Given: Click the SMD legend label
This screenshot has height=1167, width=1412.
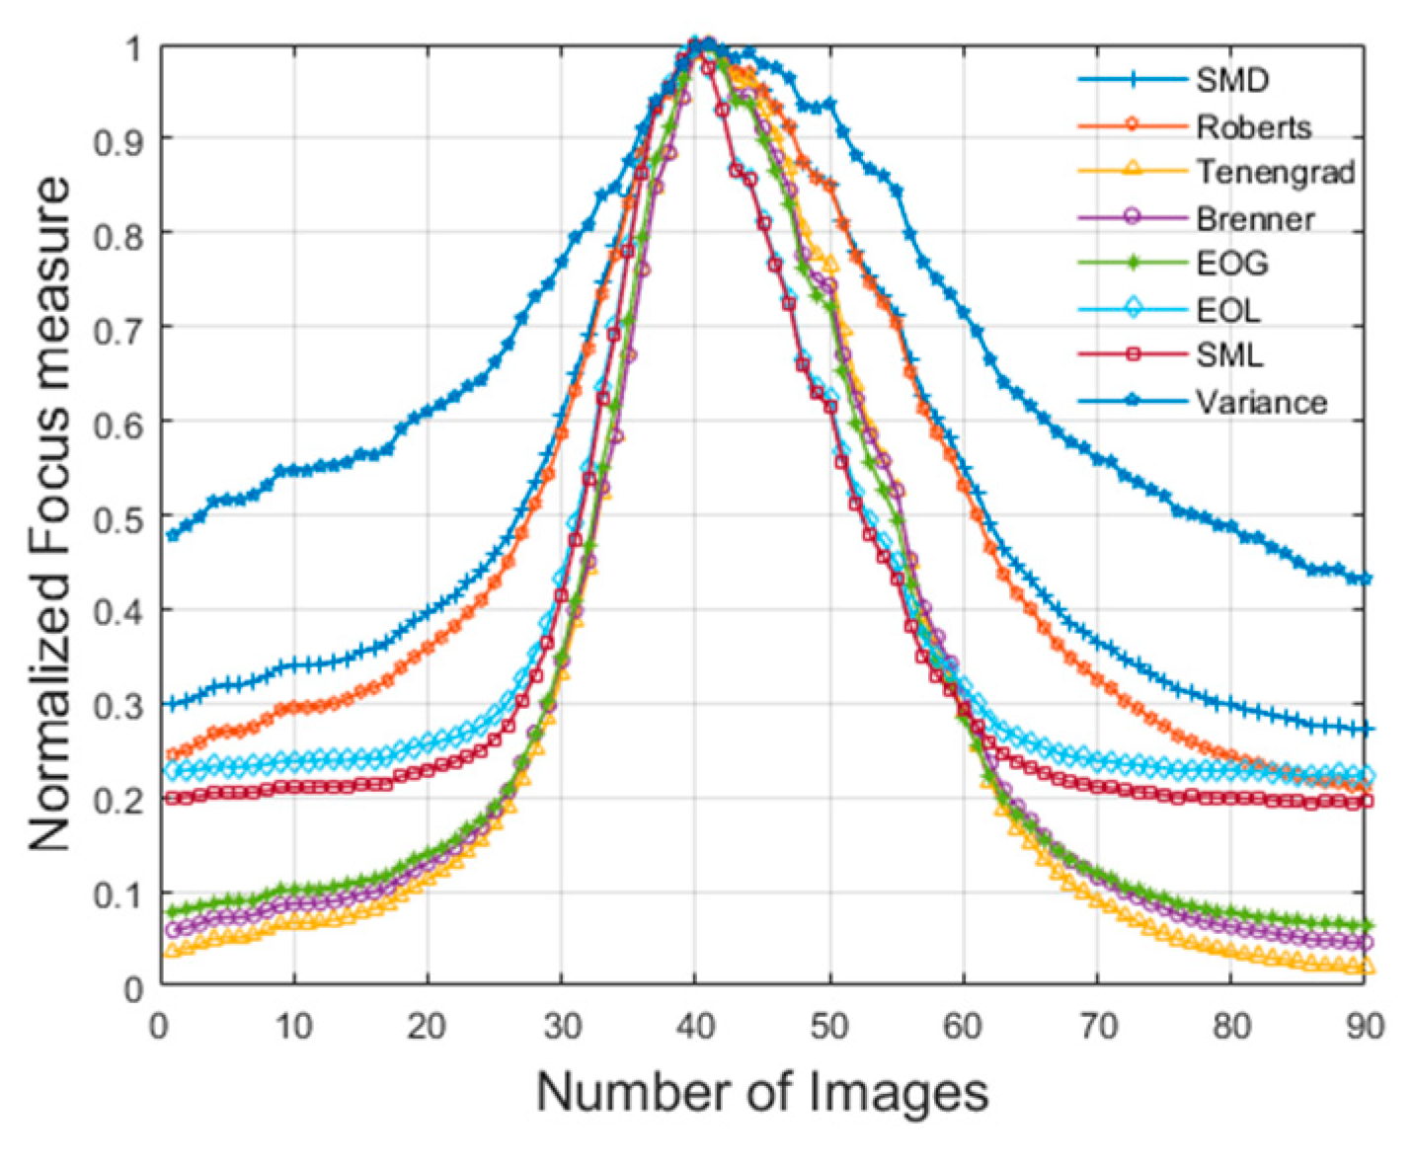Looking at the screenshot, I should click(1231, 79).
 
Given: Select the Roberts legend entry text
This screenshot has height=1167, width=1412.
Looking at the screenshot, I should click(1254, 126).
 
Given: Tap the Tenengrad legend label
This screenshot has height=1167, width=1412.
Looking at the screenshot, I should click(1275, 172).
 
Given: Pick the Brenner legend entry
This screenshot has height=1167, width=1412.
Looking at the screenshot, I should click(1255, 218).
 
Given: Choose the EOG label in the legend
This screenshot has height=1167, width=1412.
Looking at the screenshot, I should click(1231, 264).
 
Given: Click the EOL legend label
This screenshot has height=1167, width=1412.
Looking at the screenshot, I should click(1228, 310).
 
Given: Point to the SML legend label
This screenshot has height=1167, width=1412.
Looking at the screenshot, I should click(1229, 355).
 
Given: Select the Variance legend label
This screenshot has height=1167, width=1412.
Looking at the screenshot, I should click(1261, 402).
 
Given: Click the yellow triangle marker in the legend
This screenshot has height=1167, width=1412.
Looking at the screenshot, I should click(1133, 171).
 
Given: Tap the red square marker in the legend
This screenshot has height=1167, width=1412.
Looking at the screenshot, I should click(1133, 353).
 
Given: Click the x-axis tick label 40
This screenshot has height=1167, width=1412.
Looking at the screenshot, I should click(695, 1027).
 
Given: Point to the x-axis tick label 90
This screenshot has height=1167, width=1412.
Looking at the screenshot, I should click(1365, 1027).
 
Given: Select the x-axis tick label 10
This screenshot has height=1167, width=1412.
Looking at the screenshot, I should click(293, 1027).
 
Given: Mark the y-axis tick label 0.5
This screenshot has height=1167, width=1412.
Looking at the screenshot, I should click(118, 516).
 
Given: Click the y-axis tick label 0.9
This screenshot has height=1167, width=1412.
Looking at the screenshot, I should click(118, 139).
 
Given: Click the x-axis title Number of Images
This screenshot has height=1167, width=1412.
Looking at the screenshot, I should click(761, 1093).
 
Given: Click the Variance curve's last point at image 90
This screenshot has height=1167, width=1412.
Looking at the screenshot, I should click(1366, 579).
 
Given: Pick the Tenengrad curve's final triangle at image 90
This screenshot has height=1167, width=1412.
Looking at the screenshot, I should click(1367, 969).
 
